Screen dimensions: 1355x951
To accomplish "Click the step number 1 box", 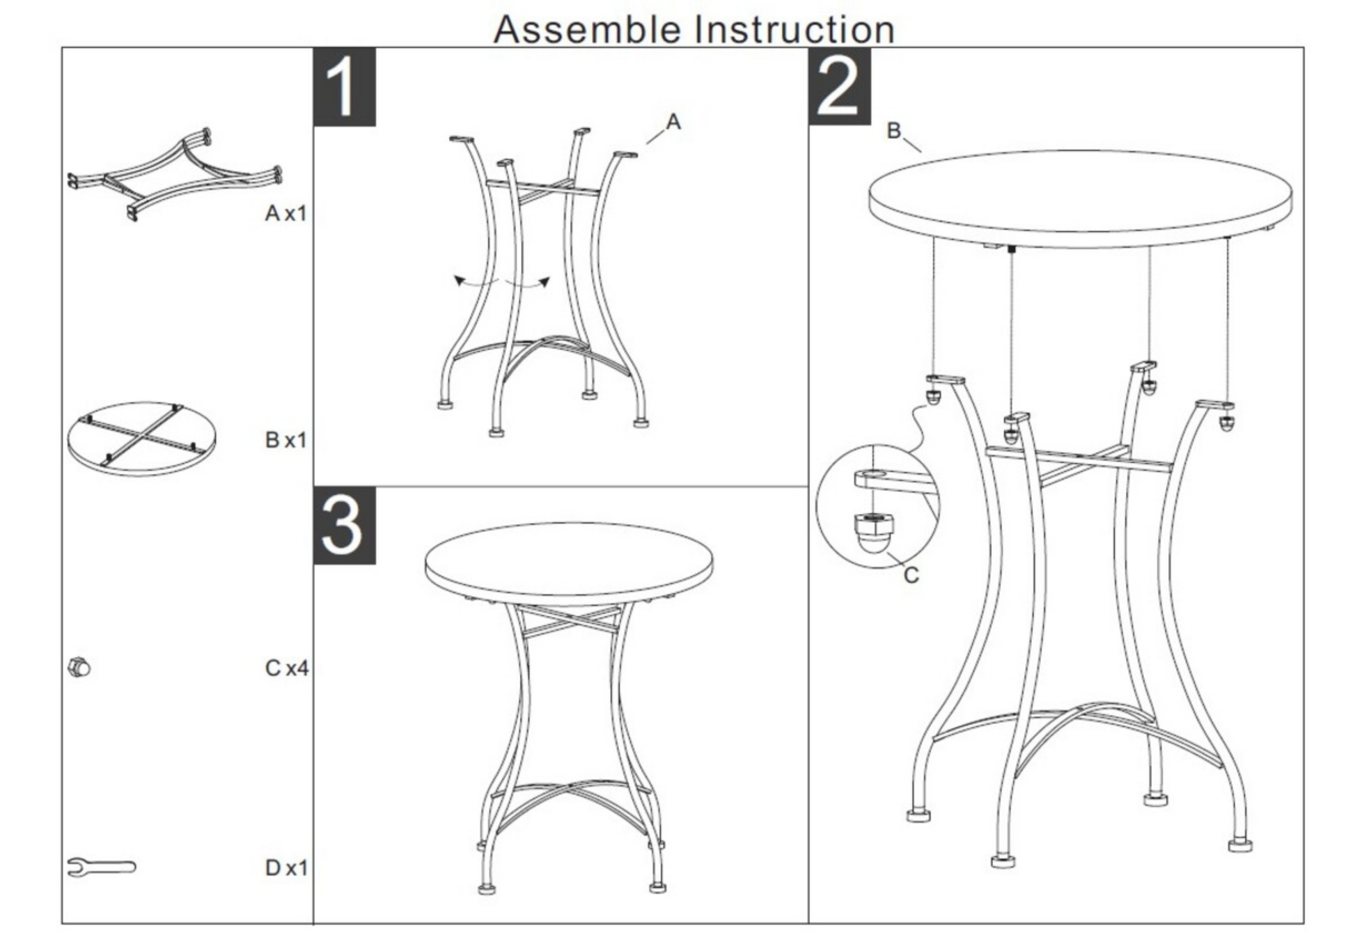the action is (345, 87).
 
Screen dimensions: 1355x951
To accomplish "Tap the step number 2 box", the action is (840, 87).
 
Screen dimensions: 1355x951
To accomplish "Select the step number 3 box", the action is (345, 526).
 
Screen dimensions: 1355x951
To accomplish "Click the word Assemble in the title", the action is (587, 29).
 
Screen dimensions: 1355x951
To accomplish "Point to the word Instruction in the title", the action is (794, 29).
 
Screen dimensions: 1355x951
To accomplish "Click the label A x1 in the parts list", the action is (285, 213).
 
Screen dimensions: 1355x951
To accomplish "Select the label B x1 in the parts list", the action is (285, 440).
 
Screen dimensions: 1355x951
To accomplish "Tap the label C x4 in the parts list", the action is (286, 668).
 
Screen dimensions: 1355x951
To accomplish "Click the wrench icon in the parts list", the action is (102, 867).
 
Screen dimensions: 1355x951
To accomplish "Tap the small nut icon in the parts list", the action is (79, 668).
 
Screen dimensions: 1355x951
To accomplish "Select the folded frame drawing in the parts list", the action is (175, 174).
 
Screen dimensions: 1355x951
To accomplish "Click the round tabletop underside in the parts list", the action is (141, 439).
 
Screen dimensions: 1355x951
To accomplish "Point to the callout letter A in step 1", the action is (673, 122).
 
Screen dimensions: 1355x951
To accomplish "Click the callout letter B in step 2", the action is (894, 130).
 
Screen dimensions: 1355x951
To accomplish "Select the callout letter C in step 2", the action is (911, 575).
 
